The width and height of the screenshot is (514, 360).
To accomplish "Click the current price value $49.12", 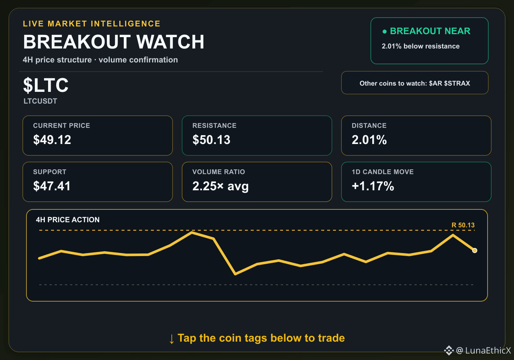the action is click(x=52, y=140).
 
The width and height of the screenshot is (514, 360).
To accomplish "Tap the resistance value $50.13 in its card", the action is click(x=211, y=140).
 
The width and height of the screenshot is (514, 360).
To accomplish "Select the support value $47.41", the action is click(x=52, y=186).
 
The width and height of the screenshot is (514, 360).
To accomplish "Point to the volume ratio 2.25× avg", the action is click(x=221, y=186).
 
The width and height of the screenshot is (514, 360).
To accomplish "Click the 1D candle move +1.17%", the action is click(x=373, y=186).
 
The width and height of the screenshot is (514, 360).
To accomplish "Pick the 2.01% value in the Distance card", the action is click(x=369, y=140).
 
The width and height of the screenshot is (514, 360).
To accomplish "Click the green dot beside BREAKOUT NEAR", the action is click(x=385, y=32).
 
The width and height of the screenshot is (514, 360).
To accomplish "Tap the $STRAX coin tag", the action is click(x=457, y=83).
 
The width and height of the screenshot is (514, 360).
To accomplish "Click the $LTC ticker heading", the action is click(x=46, y=85).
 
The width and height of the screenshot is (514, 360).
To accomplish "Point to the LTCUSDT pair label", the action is click(x=40, y=101).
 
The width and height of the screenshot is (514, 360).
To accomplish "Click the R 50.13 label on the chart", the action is click(x=463, y=225).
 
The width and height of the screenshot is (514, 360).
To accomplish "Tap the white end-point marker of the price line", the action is click(x=474, y=251).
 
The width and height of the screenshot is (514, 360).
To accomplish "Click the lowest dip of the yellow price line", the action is click(x=235, y=274).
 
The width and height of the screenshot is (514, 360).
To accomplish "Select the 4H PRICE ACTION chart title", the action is click(x=68, y=220).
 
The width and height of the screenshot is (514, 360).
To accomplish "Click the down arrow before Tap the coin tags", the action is click(x=171, y=339).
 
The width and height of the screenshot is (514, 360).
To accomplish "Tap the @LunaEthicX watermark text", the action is click(x=484, y=350).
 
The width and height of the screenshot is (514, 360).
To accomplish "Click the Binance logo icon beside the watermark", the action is click(x=449, y=350).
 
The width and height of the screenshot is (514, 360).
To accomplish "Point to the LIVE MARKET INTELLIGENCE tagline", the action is click(x=91, y=24).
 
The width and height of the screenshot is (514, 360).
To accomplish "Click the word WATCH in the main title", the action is click(x=170, y=42).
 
